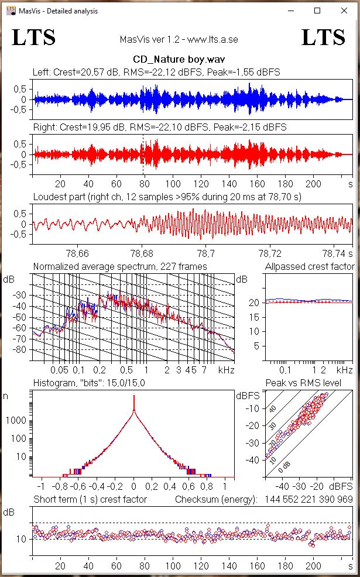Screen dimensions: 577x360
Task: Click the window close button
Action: point(344,11)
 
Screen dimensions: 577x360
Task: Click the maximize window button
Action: point(317,11)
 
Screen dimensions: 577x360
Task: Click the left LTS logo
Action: point(34,37)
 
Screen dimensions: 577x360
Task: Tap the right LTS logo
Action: point(323,37)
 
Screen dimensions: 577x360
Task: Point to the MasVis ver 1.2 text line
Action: point(178,40)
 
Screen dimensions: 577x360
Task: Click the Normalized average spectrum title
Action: point(119,266)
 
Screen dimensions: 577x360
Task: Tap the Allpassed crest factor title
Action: point(308,266)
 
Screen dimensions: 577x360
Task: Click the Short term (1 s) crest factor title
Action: point(90,499)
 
